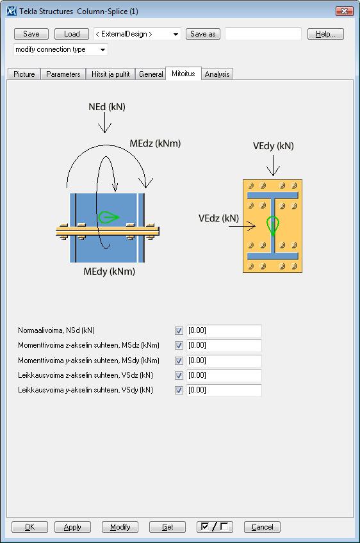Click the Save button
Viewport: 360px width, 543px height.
(31, 34)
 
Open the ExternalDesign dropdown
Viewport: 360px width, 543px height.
(137, 34)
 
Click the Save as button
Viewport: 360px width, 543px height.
(203, 34)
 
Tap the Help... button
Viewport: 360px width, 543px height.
(325, 34)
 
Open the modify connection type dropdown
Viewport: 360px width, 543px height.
(61, 49)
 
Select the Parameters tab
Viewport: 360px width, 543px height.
(63, 74)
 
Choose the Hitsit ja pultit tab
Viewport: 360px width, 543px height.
(111, 74)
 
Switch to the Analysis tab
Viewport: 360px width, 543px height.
(217, 74)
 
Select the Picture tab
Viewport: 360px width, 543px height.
(24, 74)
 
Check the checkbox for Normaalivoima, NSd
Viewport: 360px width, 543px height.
(179, 330)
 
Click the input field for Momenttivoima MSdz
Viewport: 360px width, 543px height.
(224, 346)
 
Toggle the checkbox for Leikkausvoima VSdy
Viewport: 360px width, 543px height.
(179, 391)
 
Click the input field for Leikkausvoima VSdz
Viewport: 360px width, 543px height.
(224, 375)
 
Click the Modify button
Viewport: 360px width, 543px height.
(120, 527)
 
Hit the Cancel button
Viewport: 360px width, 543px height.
(262, 527)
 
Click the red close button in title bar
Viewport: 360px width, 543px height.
(345, 12)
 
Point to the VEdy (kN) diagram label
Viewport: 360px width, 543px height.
(274, 146)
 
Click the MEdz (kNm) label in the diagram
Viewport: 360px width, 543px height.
(155, 143)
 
